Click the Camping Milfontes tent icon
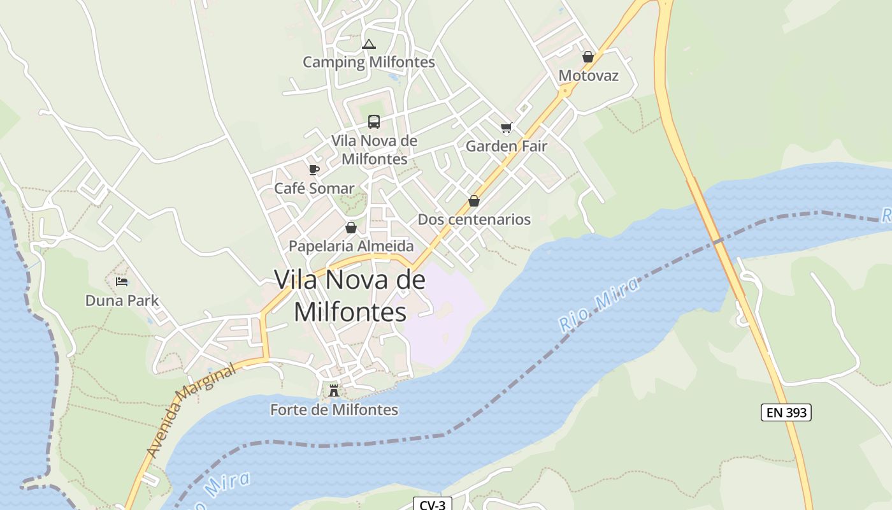[368, 45]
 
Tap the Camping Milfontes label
[368, 62]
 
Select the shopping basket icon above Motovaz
[588, 57]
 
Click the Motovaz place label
[588, 75]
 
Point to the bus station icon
[374, 122]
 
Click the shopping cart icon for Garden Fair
[507, 128]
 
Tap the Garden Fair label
[507, 146]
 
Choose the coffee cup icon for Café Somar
[313, 170]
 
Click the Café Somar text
[313, 188]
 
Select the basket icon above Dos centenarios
[474, 201]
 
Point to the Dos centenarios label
[474, 219]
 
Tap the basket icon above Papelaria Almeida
[351, 228]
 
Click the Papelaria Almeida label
[351, 245]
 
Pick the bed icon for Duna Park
[122, 281]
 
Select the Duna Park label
[122, 300]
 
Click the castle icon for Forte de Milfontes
[333, 390]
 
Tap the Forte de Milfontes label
[334, 409]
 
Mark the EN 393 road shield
[786, 412]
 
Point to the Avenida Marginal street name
[191, 411]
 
